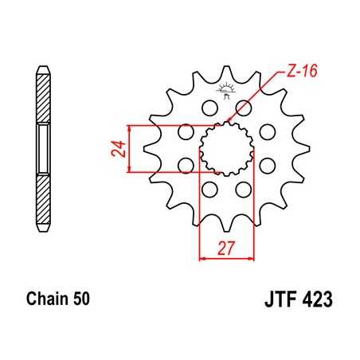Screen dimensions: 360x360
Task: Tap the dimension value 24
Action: (x=116, y=148)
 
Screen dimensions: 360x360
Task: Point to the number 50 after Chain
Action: (x=81, y=300)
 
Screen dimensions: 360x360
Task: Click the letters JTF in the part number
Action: (x=278, y=302)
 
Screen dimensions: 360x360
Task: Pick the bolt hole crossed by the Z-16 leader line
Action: (x=243, y=108)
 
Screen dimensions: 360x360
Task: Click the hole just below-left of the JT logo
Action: (x=210, y=108)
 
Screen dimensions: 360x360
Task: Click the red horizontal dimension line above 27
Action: (x=228, y=257)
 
